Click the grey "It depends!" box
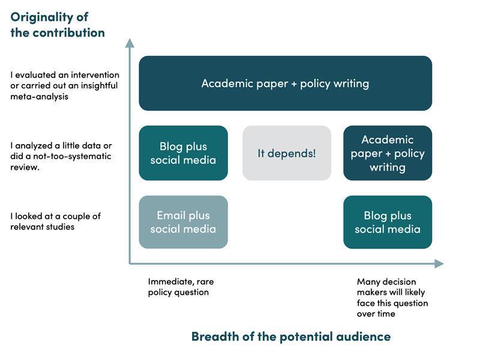coord(287,153)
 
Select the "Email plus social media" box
coord(183,222)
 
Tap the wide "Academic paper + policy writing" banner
coord(285,83)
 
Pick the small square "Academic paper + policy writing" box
coord(388,153)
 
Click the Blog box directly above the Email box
coord(183,153)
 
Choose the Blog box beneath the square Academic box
coord(388,222)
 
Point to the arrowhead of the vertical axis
coord(129,43)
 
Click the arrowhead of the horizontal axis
coord(439,263)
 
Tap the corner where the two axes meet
coord(130,263)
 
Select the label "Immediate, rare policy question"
coord(181,287)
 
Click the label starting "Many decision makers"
coord(392,298)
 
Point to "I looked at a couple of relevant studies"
coord(55,221)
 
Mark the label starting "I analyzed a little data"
coord(61,156)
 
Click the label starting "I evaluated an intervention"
coord(64,86)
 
